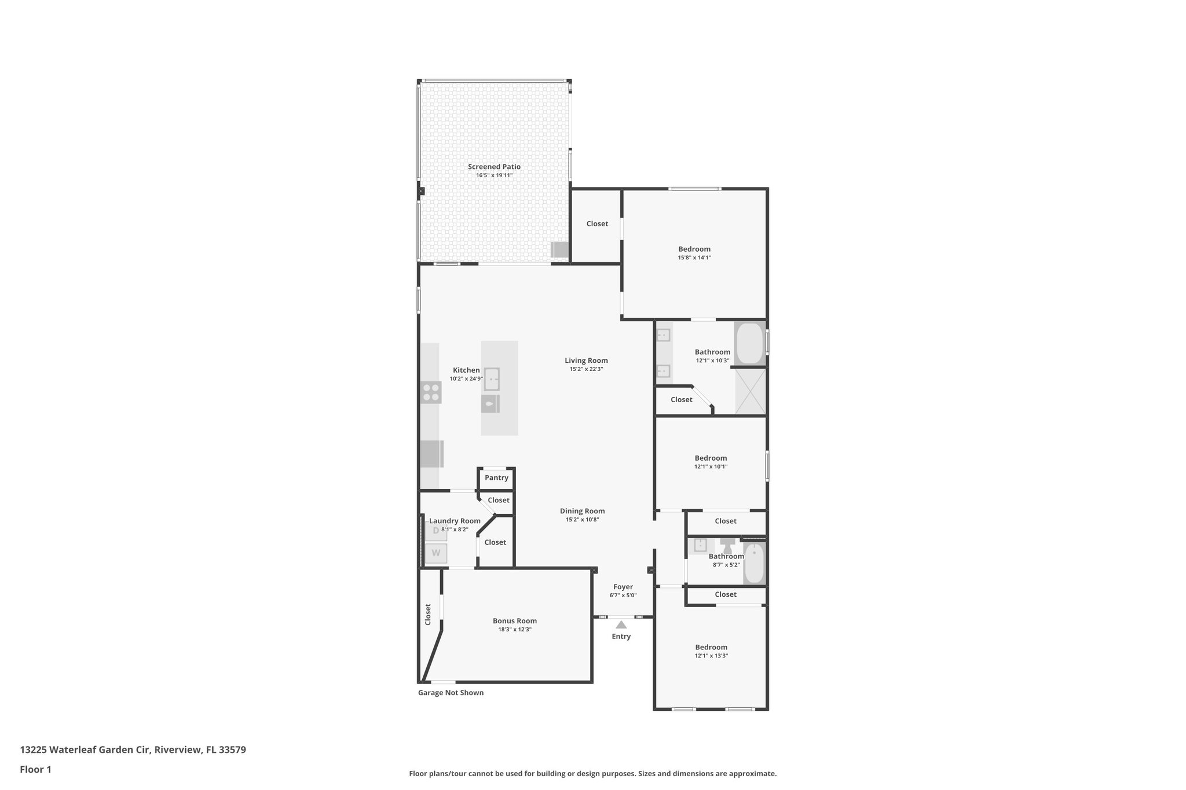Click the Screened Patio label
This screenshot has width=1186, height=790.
click(x=494, y=167)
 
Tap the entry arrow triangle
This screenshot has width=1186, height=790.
click(x=621, y=625)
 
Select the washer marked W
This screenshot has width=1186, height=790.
click(x=436, y=553)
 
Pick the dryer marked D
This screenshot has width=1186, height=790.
click(x=436, y=531)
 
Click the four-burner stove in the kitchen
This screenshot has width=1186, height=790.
click(x=431, y=392)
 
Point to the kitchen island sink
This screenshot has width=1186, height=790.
click(x=492, y=379)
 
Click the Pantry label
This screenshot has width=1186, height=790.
click(x=496, y=477)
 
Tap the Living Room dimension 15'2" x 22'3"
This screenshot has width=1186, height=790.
click(x=586, y=369)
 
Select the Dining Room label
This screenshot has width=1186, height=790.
click(x=582, y=511)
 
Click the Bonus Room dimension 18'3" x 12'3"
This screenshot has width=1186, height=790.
click(x=514, y=629)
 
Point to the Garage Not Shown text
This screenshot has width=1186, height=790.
click(x=451, y=693)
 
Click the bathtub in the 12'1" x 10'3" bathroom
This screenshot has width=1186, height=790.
click(x=750, y=343)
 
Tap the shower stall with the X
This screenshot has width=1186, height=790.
click(x=750, y=391)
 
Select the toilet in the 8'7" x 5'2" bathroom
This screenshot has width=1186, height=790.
click(x=727, y=545)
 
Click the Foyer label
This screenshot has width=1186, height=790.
click(x=623, y=587)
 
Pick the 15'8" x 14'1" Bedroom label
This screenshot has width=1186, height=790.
click(x=694, y=249)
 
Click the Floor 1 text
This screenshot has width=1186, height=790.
click(x=35, y=769)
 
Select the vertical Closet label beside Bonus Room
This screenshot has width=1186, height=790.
click(x=428, y=615)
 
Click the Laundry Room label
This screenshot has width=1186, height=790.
click(x=455, y=521)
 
